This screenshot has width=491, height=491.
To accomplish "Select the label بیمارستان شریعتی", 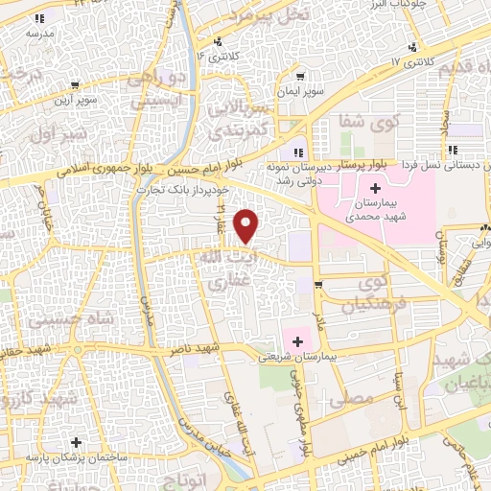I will (296, 356).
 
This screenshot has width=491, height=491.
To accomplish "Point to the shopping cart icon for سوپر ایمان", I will (302, 76).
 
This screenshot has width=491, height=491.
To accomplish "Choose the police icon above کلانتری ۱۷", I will (413, 47).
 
